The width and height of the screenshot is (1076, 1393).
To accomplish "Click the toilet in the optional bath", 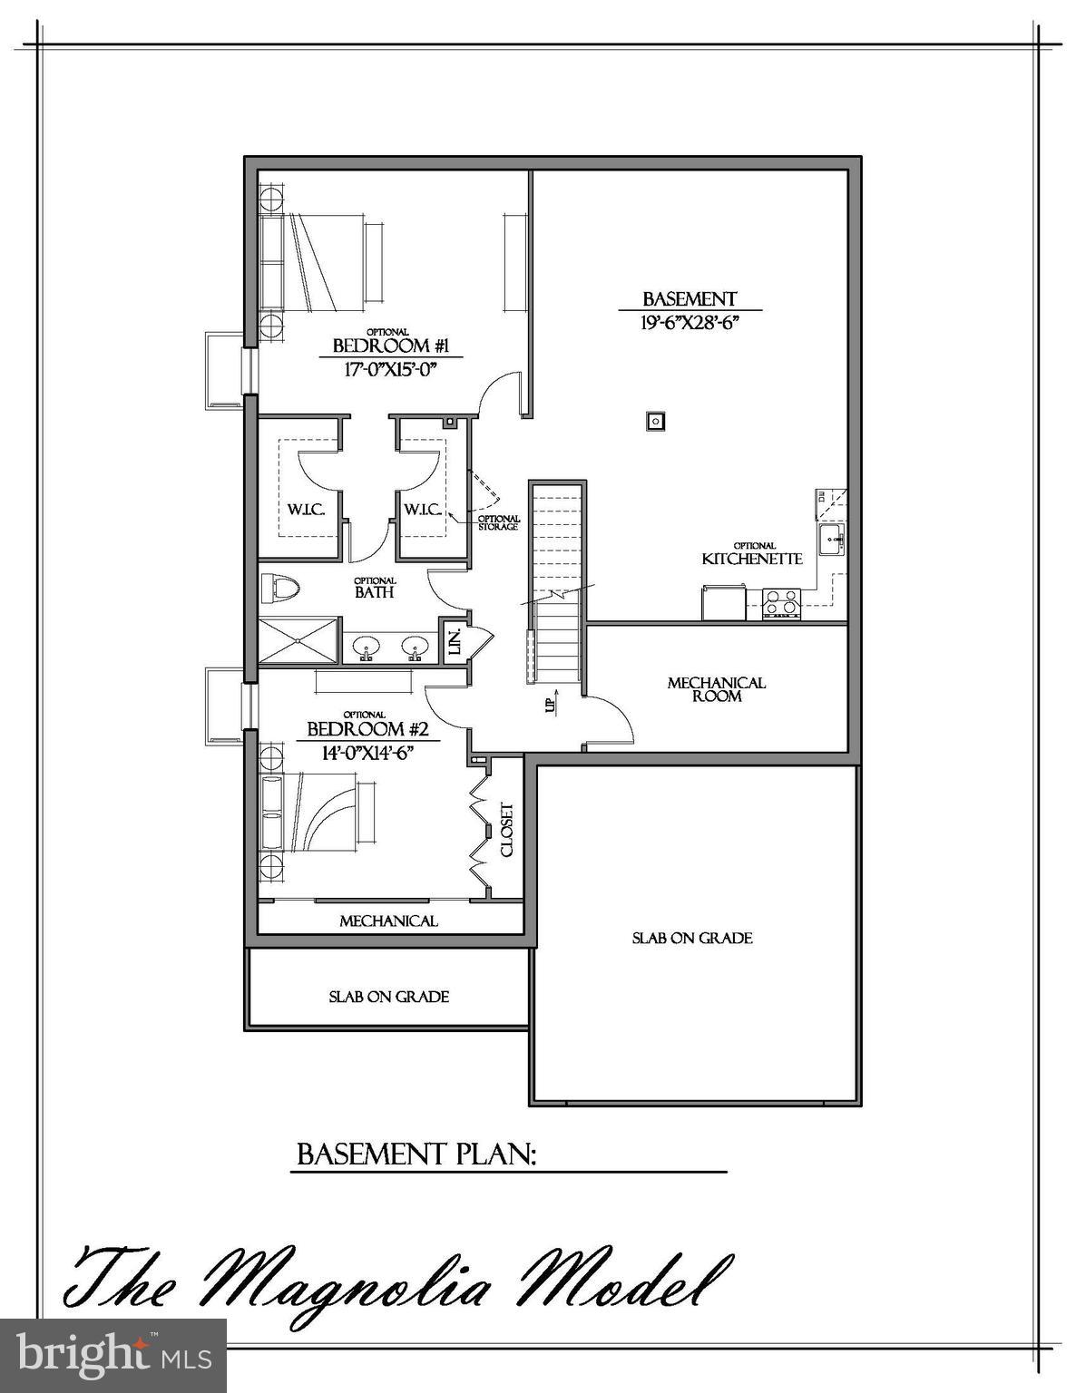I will [279, 589].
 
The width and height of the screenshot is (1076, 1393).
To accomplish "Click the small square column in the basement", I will [654, 421].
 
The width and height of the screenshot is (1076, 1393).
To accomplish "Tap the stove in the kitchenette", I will [782, 603].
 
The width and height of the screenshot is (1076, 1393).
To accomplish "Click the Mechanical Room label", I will [717, 689].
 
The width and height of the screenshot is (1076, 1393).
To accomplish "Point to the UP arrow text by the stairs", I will [550, 705].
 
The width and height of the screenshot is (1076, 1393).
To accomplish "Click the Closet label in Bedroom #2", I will [506, 830].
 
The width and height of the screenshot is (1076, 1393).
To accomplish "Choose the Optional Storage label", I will [498, 522].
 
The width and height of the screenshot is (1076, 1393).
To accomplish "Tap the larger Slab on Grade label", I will [692, 938].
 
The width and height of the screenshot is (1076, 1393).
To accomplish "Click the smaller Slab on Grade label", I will [388, 997].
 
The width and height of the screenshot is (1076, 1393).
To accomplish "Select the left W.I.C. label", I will [307, 510].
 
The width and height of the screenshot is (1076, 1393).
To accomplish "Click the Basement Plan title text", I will [417, 1154].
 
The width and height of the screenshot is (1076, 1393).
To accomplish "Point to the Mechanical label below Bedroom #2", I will [388, 921].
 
